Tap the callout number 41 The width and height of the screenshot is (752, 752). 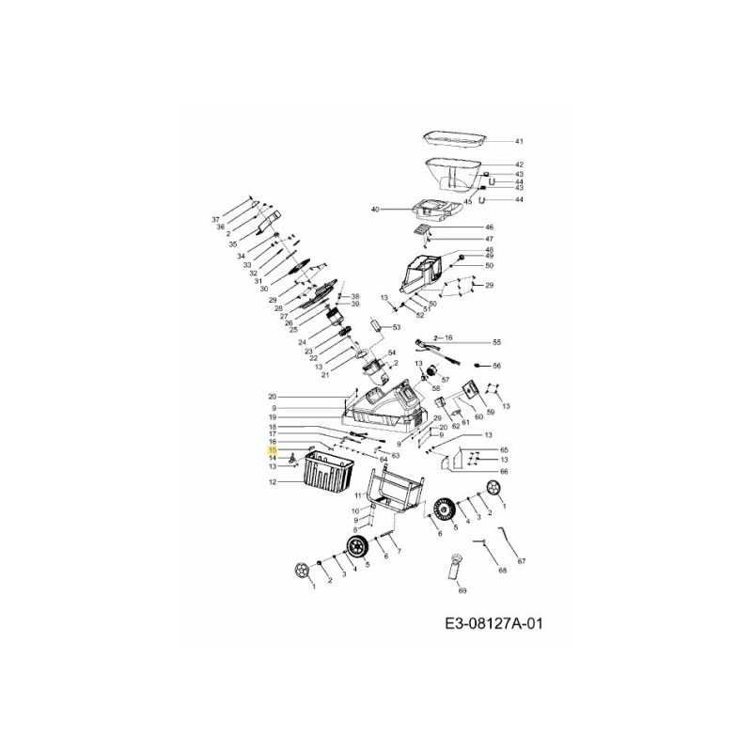click(518, 141)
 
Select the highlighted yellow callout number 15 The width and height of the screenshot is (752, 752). click(273, 450)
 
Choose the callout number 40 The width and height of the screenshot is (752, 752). click(374, 209)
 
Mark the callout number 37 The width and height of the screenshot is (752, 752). click(215, 219)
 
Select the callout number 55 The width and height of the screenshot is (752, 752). click(497, 343)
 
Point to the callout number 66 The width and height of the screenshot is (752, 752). click(504, 471)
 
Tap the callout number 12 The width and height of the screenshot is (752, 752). click(273, 482)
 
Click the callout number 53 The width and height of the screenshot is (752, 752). click(397, 327)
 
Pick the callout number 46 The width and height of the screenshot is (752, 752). click(489, 227)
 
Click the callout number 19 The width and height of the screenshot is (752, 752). click(273, 417)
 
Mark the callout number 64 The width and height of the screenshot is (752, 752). click(384, 459)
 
